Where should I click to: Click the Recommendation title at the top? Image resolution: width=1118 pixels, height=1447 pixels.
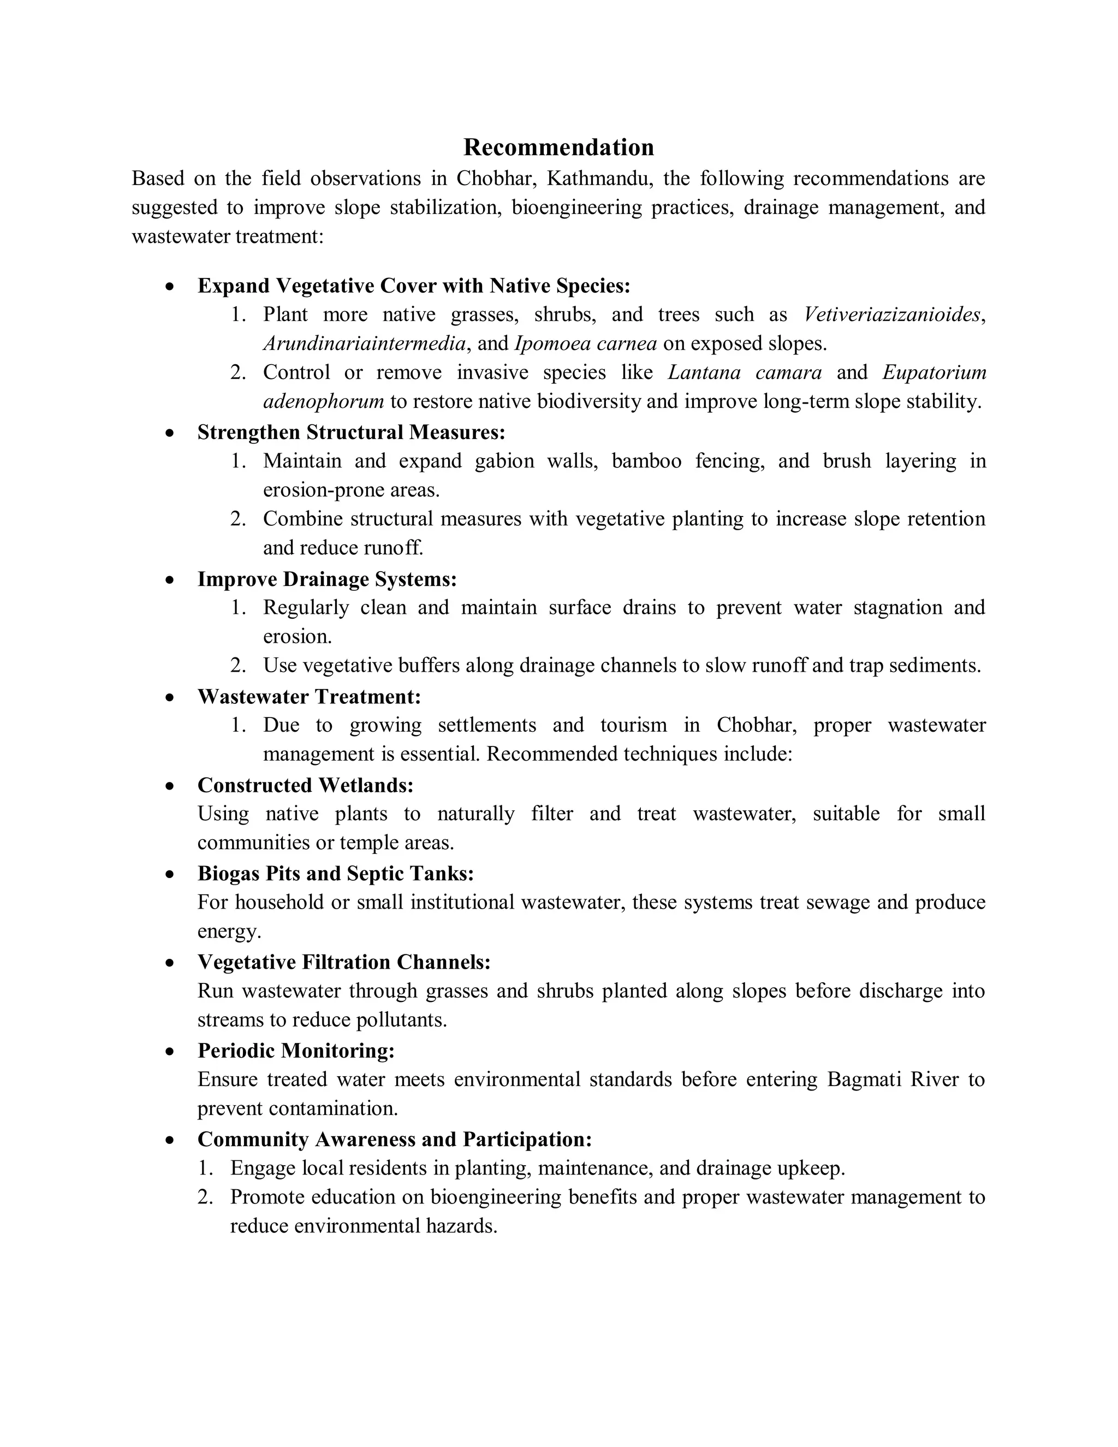(x=558, y=147)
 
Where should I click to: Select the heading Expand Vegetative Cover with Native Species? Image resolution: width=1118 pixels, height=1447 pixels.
(x=413, y=286)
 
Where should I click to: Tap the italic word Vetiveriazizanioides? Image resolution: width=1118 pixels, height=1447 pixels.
(x=891, y=314)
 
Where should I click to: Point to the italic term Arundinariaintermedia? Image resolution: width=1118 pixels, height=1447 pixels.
(x=364, y=343)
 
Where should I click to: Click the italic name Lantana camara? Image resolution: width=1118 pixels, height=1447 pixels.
(x=745, y=372)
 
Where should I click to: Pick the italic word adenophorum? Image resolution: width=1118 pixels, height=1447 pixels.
(x=323, y=401)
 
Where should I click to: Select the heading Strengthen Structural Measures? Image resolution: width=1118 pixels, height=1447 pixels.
(x=351, y=432)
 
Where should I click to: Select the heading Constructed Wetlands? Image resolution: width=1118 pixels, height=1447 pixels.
(x=305, y=785)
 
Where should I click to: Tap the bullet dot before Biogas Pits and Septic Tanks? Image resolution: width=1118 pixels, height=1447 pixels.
(x=170, y=875)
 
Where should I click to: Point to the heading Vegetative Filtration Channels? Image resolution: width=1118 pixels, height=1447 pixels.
(x=344, y=962)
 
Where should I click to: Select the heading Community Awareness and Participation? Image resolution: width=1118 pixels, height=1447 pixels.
(x=394, y=1139)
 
